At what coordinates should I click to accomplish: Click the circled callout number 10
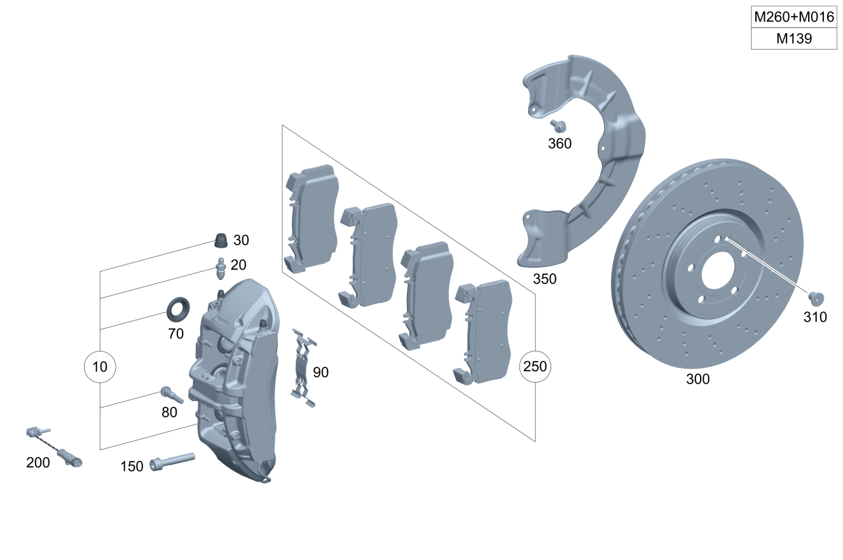(x=100, y=367)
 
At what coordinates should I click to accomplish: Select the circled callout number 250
(x=535, y=367)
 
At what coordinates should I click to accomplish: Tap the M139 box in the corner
(x=794, y=39)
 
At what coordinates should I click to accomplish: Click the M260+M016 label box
(x=794, y=17)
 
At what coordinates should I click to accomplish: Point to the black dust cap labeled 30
(x=221, y=241)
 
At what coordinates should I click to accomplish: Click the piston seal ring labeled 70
(x=177, y=309)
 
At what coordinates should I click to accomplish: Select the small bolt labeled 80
(x=172, y=395)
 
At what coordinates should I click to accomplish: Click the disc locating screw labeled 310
(x=815, y=297)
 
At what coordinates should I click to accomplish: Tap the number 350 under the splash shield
(x=544, y=279)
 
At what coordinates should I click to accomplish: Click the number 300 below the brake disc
(x=697, y=379)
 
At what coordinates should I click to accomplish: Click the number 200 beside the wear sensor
(x=38, y=463)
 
